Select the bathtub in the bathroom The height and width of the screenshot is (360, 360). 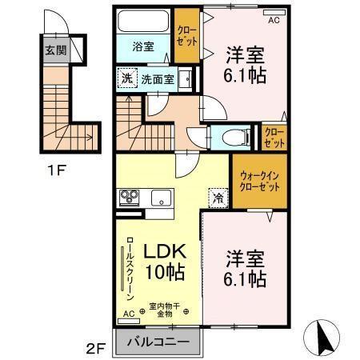click(x=143, y=21)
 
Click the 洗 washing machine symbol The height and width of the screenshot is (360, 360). click(x=127, y=78)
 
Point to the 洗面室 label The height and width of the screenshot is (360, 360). click(x=156, y=79)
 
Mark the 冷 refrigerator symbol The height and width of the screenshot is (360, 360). click(x=216, y=197)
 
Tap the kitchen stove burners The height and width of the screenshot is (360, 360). click(x=129, y=197)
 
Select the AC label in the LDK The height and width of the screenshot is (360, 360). click(x=129, y=314)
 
